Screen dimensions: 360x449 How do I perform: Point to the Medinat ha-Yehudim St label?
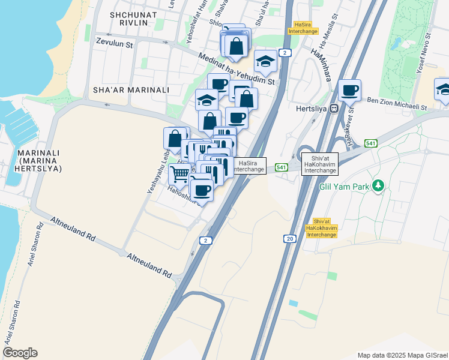pyautogui.click(x=238, y=68)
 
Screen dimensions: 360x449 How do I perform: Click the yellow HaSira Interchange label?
pyautogui.click(x=303, y=28)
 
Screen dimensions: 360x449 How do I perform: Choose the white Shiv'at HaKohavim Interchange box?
pyautogui.click(x=320, y=164)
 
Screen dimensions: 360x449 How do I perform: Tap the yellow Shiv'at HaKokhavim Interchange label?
pyautogui.click(x=321, y=228)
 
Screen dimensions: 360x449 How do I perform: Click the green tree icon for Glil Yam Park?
pyautogui.click(x=378, y=186)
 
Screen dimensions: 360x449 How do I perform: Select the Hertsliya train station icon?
pyautogui.click(x=335, y=108)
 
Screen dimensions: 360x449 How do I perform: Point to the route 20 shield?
pyautogui.click(x=291, y=239)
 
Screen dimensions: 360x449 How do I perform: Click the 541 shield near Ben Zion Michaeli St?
pyautogui.click(x=370, y=143)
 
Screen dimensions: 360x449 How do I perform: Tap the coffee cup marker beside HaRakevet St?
pyautogui.click(x=349, y=91)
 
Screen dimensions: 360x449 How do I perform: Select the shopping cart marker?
pyautogui.click(x=179, y=175)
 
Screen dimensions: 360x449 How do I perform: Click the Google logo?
pyautogui.click(x=20, y=353)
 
